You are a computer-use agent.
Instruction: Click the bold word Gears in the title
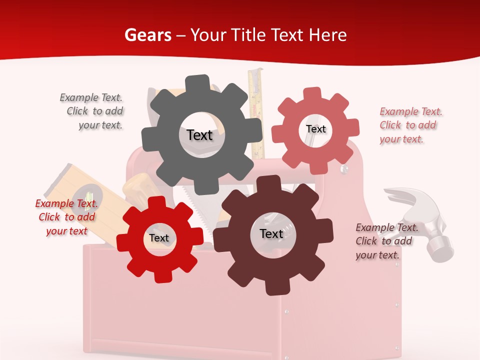[x=148, y=35]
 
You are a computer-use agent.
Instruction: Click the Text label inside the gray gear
[x=199, y=135]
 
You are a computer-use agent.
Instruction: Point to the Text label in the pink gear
[x=315, y=129]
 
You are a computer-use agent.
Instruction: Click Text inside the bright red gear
[x=159, y=238]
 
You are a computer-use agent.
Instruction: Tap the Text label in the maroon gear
[x=271, y=233]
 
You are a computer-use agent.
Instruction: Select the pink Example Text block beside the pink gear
[x=410, y=125]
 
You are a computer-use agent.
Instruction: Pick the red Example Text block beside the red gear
[x=66, y=217]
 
